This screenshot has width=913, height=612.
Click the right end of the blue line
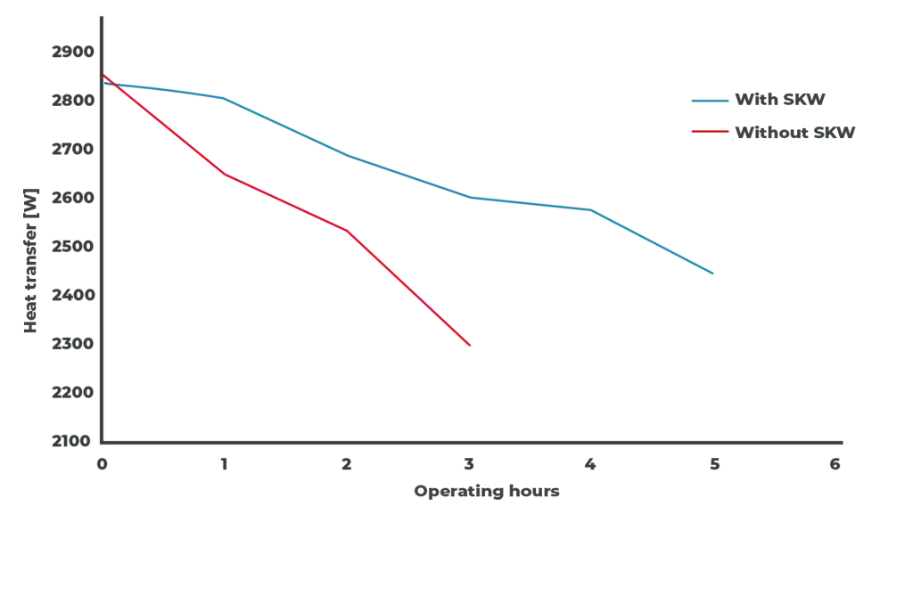(717, 274)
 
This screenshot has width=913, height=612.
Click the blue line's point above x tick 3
(470, 197)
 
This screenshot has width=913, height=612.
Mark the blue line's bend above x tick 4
(592, 211)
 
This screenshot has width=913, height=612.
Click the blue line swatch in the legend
(708, 101)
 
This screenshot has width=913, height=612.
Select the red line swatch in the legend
(708, 132)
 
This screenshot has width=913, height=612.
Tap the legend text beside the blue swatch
(781, 101)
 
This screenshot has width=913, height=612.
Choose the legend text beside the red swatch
(794, 133)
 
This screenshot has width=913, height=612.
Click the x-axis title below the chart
(489, 491)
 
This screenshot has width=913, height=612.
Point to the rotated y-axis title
(32, 259)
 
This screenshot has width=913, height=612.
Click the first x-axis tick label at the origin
(100, 463)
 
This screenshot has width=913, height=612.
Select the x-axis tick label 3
(470, 463)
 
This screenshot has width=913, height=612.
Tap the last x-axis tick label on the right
(835, 463)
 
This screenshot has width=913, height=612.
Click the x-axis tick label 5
(713, 463)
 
